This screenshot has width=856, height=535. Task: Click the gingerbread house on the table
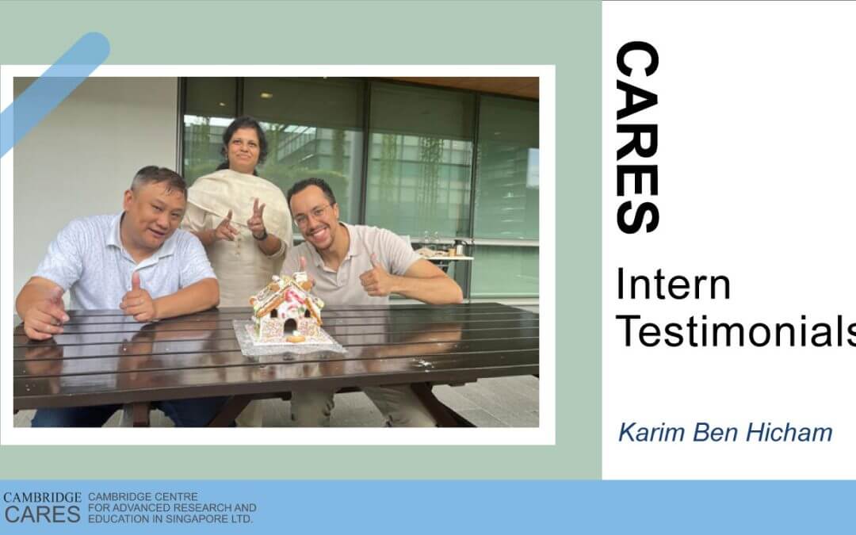(286, 308)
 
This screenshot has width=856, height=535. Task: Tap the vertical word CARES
(637, 137)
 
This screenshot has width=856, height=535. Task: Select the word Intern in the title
(673, 285)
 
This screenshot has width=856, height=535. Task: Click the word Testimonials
(736, 331)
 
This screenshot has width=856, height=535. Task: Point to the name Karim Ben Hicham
(725, 433)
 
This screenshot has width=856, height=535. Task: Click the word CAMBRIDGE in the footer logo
(42, 497)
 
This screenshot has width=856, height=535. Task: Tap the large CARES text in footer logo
(43, 515)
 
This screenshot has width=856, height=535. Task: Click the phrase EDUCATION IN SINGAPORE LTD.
(170, 518)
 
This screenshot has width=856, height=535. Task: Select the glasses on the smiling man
(312, 216)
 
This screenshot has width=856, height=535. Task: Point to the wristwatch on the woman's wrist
(261, 236)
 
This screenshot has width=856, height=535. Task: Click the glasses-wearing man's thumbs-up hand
(375, 278)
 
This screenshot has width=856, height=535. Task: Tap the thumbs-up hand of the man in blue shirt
(137, 299)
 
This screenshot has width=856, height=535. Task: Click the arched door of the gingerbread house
(290, 326)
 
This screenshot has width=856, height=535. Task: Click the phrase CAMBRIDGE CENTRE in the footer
(143, 497)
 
